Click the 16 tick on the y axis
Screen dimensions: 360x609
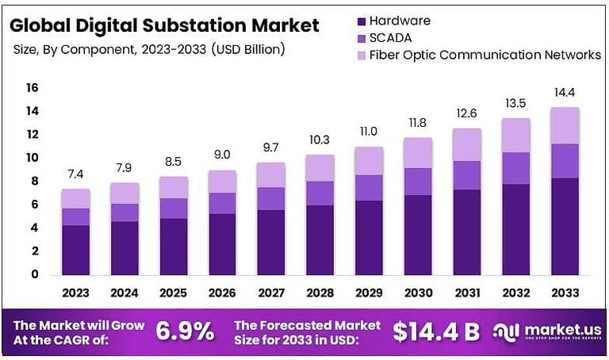(x=32, y=88)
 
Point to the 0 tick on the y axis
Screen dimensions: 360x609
(x=34, y=274)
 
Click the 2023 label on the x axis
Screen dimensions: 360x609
(x=75, y=292)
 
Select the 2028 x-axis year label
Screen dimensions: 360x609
(x=321, y=292)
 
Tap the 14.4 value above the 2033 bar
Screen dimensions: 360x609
(x=566, y=93)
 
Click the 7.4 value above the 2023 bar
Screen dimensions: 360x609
(x=75, y=174)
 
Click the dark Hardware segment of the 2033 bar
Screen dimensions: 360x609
(x=566, y=226)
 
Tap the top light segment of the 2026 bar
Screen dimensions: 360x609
(x=223, y=182)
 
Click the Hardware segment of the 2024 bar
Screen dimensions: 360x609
(x=124, y=247)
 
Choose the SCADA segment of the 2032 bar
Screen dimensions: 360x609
(x=517, y=168)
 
